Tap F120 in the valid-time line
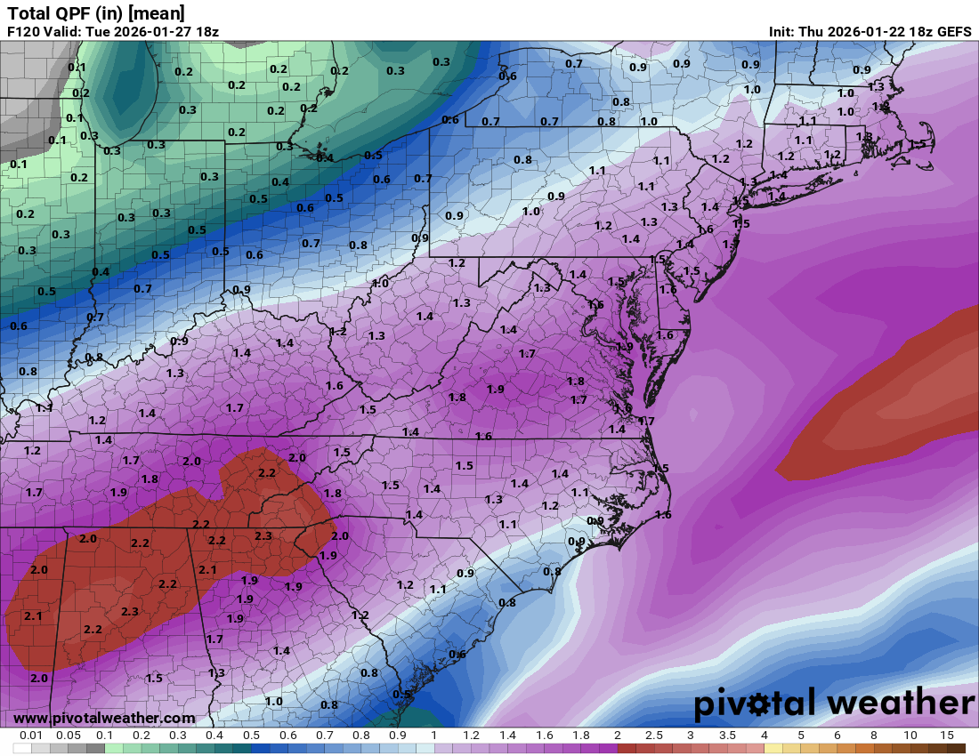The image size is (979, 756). pyautogui.click(x=23, y=32)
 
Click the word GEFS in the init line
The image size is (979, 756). pyautogui.click(x=952, y=32)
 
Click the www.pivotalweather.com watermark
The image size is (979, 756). pyautogui.click(x=104, y=718)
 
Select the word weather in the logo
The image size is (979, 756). pyautogui.click(x=901, y=704)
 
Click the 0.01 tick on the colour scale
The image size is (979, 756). pyautogui.click(x=31, y=736)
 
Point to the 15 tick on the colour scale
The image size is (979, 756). pyautogui.click(x=947, y=736)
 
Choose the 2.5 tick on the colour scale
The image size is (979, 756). pyautogui.click(x=653, y=736)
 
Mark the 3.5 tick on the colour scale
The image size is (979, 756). pyautogui.click(x=727, y=736)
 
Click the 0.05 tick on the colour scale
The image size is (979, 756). pyautogui.click(x=68, y=736)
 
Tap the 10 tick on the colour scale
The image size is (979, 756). pyautogui.click(x=910, y=736)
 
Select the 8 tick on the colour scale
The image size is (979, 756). pyautogui.click(x=874, y=736)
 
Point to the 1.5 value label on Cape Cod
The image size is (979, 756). pyautogui.click(x=918, y=144)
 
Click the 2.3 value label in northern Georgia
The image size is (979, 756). pyautogui.click(x=263, y=535)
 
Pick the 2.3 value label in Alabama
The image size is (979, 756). pyautogui.click(x=129, y=611)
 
